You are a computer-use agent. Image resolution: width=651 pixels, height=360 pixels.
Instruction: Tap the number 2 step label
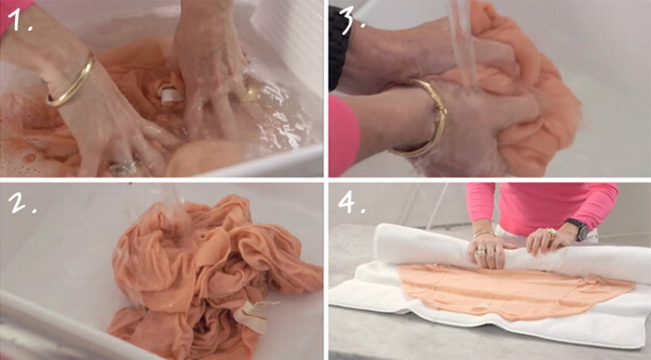coord(22,202)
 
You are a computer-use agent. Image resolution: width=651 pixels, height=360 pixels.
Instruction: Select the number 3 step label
coord(352,18)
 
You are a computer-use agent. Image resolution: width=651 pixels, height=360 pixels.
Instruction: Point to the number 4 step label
coord(352,202)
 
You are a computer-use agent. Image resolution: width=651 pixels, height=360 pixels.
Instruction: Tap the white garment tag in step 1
coord(172,95)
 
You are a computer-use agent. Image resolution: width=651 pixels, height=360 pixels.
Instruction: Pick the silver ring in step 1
coord(123,168)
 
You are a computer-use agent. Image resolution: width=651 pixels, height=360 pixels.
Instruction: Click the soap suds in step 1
coord(25,141)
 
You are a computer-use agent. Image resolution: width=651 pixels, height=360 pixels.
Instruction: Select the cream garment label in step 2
coord(251,316)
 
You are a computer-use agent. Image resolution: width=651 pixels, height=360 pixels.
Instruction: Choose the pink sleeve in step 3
coord(344,137)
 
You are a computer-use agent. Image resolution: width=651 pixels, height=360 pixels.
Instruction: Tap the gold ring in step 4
coord(551,234)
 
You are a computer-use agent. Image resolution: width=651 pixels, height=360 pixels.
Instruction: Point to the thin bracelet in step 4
coord(483,235)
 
